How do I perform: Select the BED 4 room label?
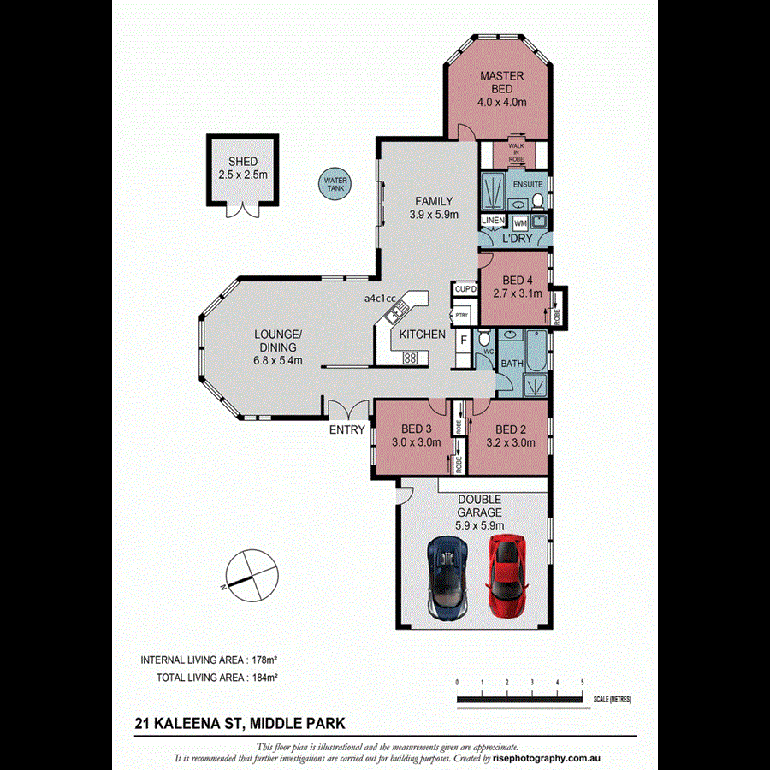pos(518,287)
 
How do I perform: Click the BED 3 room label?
pos(417,436)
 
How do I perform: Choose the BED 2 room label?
pos(511,436)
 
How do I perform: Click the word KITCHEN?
pos(423,335)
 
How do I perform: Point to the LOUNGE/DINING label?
pos(278,341)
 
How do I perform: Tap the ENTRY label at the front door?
pos(347,430)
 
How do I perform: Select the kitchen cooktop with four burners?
pos(410,357)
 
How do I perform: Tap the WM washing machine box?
pos(520,222)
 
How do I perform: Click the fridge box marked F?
pos(464,341)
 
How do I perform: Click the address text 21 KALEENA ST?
pos(187,723)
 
